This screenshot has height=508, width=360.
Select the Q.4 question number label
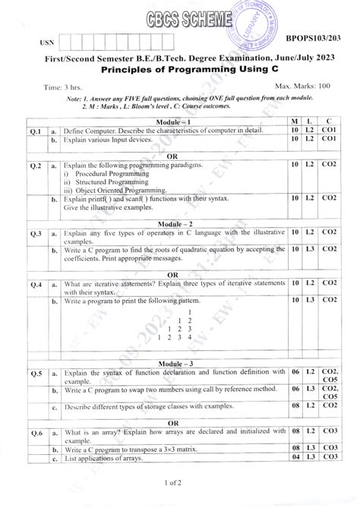point(34,285)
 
